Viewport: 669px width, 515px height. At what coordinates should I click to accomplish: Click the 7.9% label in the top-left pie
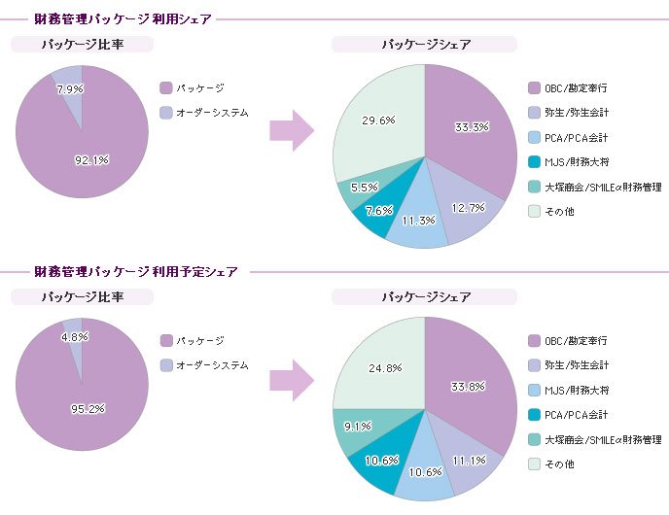pyautogui.click(x=70, y=88)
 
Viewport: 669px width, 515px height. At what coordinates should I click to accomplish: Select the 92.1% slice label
pyautogui.click(x=91, y=160)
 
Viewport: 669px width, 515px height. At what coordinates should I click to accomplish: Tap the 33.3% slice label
pyautogui.click(x=472, y=127)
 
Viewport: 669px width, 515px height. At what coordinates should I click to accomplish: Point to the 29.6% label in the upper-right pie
pyautogui.click(x=378, y=120)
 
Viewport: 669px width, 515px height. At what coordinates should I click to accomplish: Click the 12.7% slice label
pyautogui.click(x=469, y=208)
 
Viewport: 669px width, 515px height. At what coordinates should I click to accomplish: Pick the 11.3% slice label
pyautogui.click(x=418, y=220)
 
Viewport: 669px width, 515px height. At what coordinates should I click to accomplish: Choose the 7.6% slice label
pyautogui.click(x=379, y=211)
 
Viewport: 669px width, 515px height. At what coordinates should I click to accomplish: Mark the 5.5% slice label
pyautogui.click(x=365, y=188)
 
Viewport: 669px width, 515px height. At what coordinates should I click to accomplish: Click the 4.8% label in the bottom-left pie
pyautogui.click(x=75, y=337)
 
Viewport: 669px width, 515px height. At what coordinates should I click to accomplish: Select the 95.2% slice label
pyautogui.click(x=88, y=409)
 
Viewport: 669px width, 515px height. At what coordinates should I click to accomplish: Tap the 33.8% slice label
pyautogui.click(x=468, y=387)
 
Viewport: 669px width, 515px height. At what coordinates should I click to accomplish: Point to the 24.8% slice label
pyautogui.click(x=385, y=367)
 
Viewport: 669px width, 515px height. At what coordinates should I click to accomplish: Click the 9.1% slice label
pyautogui.click(x=358, y=426)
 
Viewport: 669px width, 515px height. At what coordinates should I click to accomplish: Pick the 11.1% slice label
pyautogui.click(x=470, y=461)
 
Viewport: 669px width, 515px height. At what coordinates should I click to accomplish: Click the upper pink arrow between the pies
pyautogui.click(x=292, y=130)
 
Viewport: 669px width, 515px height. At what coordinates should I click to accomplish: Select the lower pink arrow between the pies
pyautogui.click(x=292, y=380)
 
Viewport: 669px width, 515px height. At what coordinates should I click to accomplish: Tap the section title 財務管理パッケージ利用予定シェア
pyautogui.click(x=136, y=271)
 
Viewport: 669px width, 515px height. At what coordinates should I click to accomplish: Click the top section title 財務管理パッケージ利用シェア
pyautogui.click(x=123, y=19)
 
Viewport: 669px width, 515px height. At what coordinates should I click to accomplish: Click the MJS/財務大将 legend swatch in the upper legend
pyautogui.click(x=534, y=162)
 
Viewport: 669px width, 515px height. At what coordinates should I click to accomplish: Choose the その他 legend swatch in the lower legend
pyautogui.click(x=534, y=463)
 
